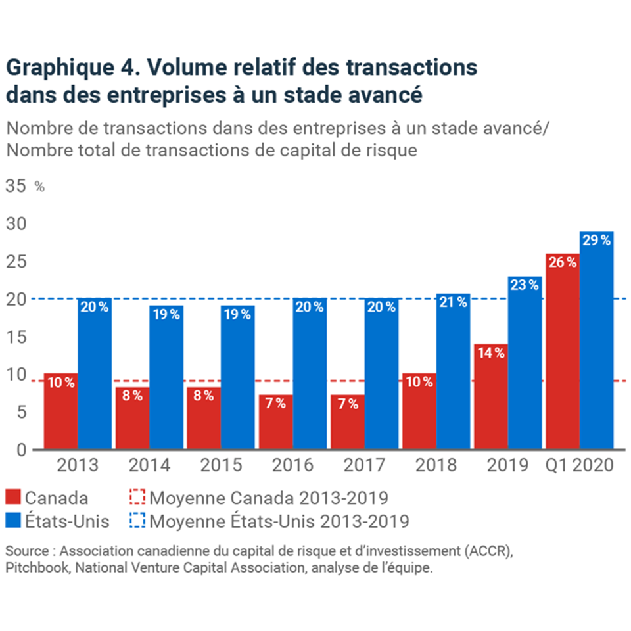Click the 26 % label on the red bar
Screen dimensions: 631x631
pyautogui.click(x=563, y=262)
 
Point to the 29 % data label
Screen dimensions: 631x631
pyautogui.click(x=597, y=241)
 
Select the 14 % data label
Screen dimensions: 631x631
pyautogui.click(x=490, y=352)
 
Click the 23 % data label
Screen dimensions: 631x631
pyautogui.click(x=525, y=285)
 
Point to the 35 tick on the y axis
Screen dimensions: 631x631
pyautogui.click(x=16, y=186)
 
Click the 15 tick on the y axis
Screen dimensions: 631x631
pyautogui.click(x=16, y=337)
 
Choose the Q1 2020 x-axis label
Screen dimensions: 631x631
pyautogui.click(x=578, y=465)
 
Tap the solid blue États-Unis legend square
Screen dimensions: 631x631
pyautogui.click(x=13, y=521)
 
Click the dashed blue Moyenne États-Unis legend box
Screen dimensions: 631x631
pyautogui.click(x=137, y=521)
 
